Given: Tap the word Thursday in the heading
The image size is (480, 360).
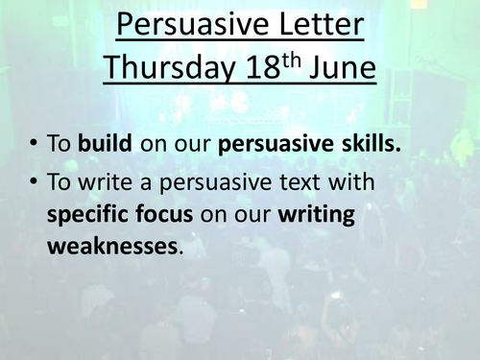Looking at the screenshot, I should pos(167,68).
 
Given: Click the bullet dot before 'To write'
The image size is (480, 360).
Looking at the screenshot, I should pos(36,181).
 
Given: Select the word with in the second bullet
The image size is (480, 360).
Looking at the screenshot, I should pos(350,181).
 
